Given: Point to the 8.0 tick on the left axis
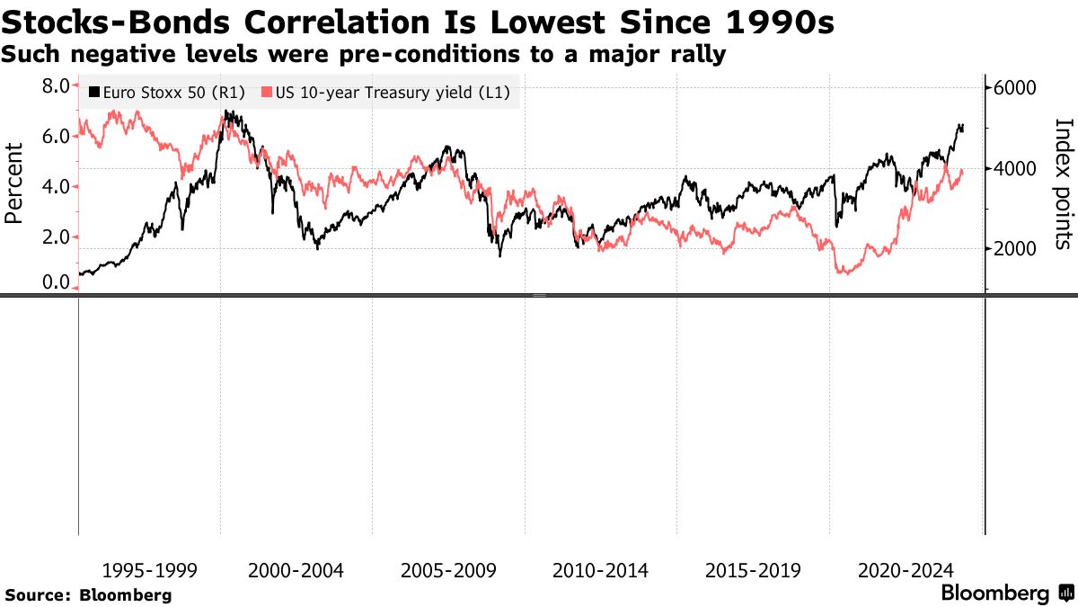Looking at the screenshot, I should point(56,86).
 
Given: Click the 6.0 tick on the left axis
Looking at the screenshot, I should point(56,137).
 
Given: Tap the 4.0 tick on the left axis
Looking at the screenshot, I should point(56,187).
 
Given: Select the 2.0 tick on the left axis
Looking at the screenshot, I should point(56,237).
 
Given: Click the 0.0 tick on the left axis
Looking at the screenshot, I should point(56,283).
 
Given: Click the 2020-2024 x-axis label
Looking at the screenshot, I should point(906,570).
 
